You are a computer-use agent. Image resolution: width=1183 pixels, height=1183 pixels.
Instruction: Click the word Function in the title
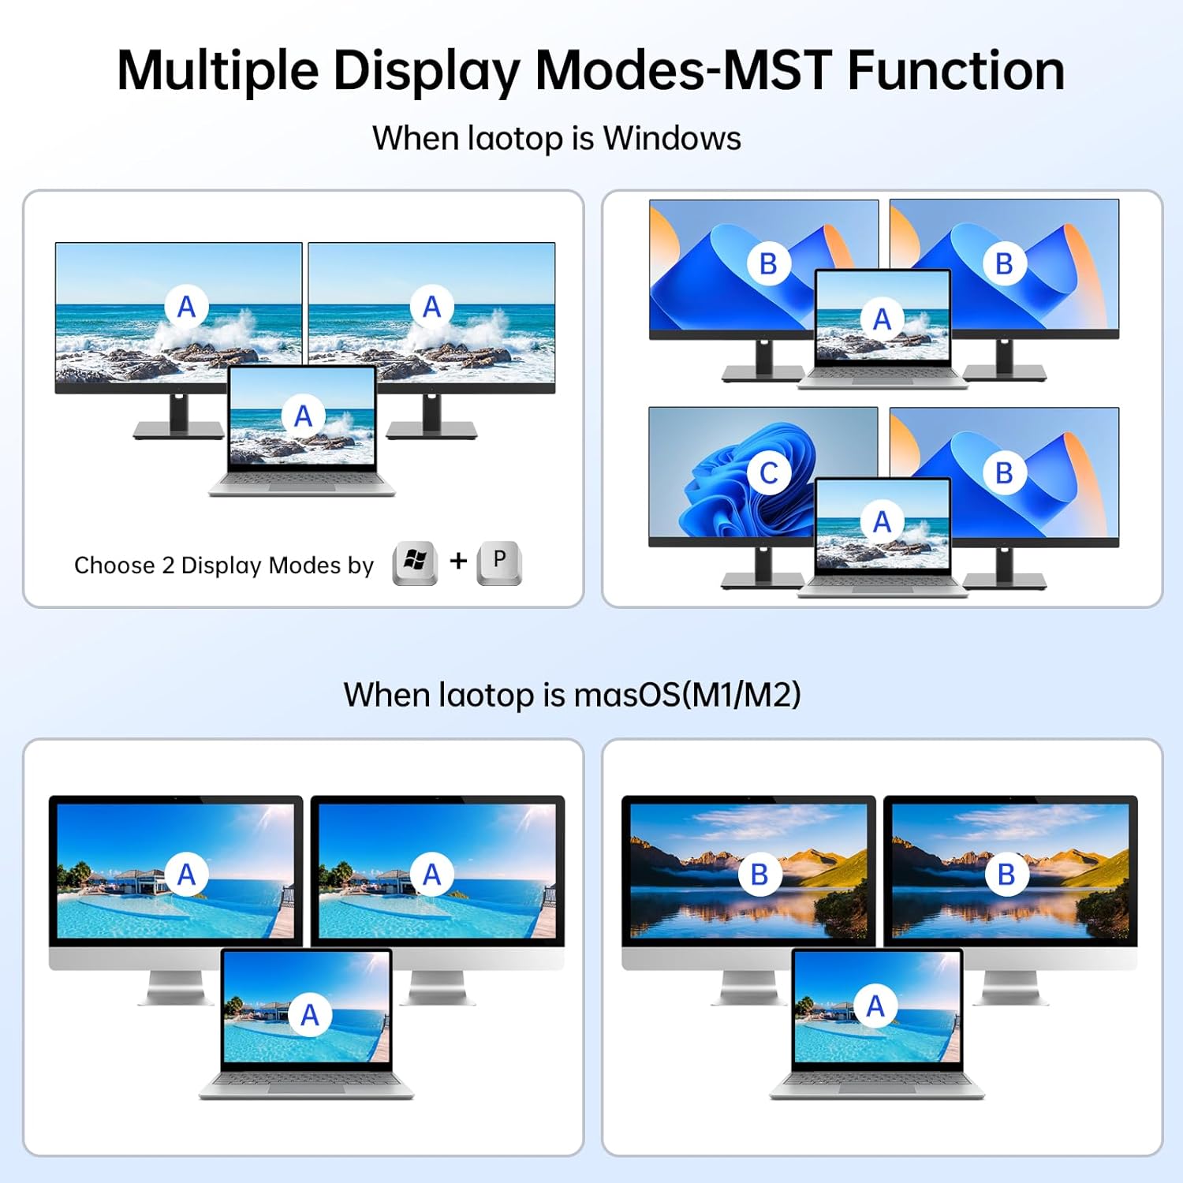tap(956, 71)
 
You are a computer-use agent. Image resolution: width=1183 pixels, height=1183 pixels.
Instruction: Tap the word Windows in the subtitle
tap(672, 139)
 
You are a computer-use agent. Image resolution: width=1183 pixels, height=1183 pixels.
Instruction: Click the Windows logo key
tap(415, 562)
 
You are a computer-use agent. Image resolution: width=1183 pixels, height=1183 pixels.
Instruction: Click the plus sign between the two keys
tap(458, 561)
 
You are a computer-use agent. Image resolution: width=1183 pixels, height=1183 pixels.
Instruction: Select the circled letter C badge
tap(768, 472)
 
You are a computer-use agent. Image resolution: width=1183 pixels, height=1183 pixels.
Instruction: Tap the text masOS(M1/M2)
tap(687, 695)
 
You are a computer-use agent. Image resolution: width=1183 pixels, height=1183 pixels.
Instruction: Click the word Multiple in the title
tap(218, 71)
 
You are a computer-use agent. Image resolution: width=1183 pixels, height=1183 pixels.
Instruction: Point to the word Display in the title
tap(426, 71)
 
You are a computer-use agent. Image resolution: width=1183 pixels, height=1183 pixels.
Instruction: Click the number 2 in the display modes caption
tap(168, 565)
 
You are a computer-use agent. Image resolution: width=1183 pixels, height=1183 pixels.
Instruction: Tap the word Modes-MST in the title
tap(683, 71)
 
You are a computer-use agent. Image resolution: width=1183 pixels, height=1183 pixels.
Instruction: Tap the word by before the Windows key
tap(361, 566)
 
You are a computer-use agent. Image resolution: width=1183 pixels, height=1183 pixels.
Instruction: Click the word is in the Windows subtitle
tap(583, 139)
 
